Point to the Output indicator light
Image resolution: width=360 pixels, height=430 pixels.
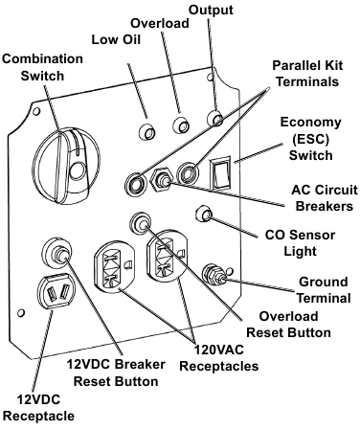click(x=216, y=119)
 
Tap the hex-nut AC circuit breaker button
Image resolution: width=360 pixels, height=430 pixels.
click(x=164, y=180)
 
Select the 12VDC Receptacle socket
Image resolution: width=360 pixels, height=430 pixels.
click(x=52, y=296)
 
